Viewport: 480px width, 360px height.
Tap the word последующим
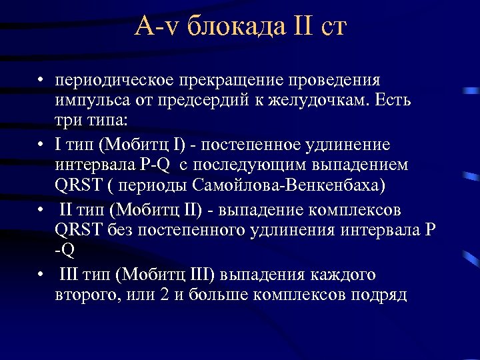tap(257, 165)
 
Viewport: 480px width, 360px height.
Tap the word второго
tap(84, 295)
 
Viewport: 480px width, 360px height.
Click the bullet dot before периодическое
tap(41, 82)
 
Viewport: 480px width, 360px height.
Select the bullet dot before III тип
tap(41, 275)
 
